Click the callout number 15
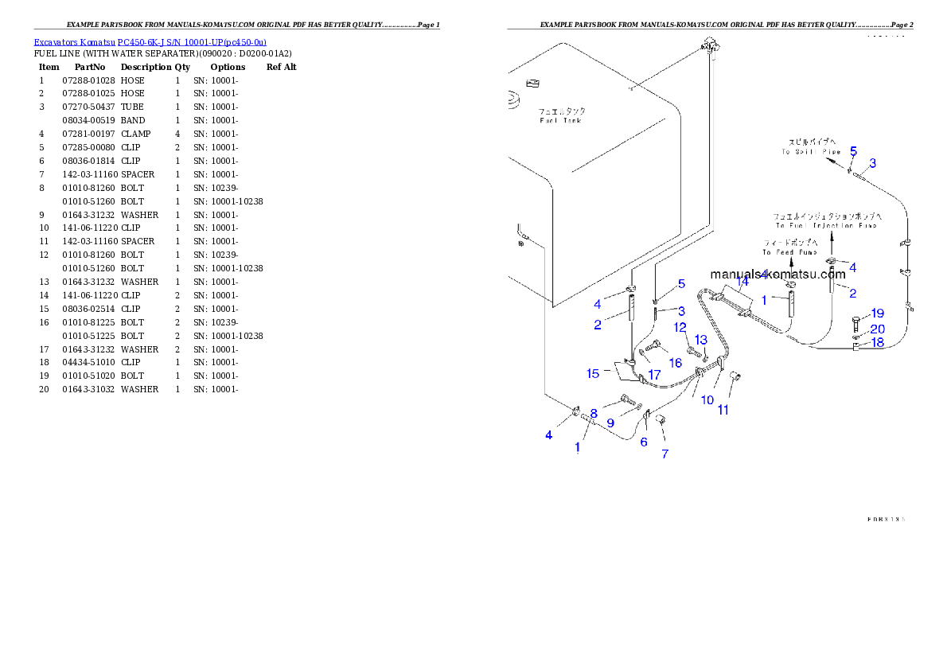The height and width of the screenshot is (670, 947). pyautogui.click(x=593, y=372)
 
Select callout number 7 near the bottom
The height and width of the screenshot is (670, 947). pyautogui.click(x=664, y=454)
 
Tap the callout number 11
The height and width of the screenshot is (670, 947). pyautogui.click(x=723, y=411)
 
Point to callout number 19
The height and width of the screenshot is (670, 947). pyautogui.click(x=877, y=314)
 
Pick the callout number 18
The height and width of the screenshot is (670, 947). pyautogui.click(x=877, y=342)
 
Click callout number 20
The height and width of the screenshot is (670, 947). pyautogui.click(x=877, y=329)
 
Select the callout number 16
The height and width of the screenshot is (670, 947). pyautogui.click(x=675, y=363)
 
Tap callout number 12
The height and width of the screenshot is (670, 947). pyautogui.click(x=680, y=327)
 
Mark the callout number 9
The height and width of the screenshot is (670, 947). pyautogui.click(x=610, y=423)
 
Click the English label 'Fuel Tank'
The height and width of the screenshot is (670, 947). pyautogui.click(x=560, y=121)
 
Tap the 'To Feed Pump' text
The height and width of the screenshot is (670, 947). pyautogui.click(x=789, y=252)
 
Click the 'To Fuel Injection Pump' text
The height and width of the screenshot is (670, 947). pyautogui.click(x=826, y=226)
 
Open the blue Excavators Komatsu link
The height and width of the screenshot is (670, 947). pyautogui.click(x=150, y=41)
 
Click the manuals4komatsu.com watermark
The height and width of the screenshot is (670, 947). pyautogui.click(x=777, y=274)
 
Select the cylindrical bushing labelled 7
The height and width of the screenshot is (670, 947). pyautogui.click(x=661, y=419)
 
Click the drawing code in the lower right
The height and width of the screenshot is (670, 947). pyautogui.click(x=886, y=519)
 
